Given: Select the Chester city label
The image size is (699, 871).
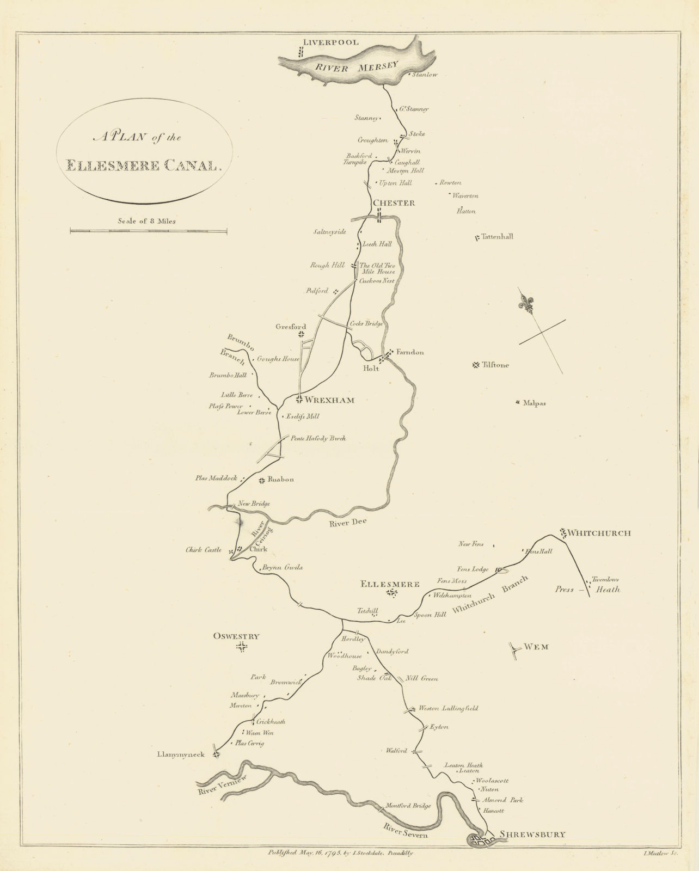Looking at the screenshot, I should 394,203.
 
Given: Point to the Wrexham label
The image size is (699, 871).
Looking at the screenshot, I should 329,400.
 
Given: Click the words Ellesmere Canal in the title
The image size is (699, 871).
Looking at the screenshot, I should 143,165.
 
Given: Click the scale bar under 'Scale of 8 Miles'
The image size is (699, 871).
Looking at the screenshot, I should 149,231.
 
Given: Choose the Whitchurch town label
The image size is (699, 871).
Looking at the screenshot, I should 599,533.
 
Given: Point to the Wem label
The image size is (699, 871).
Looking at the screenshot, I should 536,647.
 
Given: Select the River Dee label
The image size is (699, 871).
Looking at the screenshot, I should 348,522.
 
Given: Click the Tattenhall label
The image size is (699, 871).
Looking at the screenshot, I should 497,237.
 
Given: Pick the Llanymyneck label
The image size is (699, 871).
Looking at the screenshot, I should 180,755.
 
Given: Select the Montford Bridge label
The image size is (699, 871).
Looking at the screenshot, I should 408,806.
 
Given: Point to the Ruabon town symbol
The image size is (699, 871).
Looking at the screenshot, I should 262,480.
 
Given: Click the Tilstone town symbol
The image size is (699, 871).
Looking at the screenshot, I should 476,365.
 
